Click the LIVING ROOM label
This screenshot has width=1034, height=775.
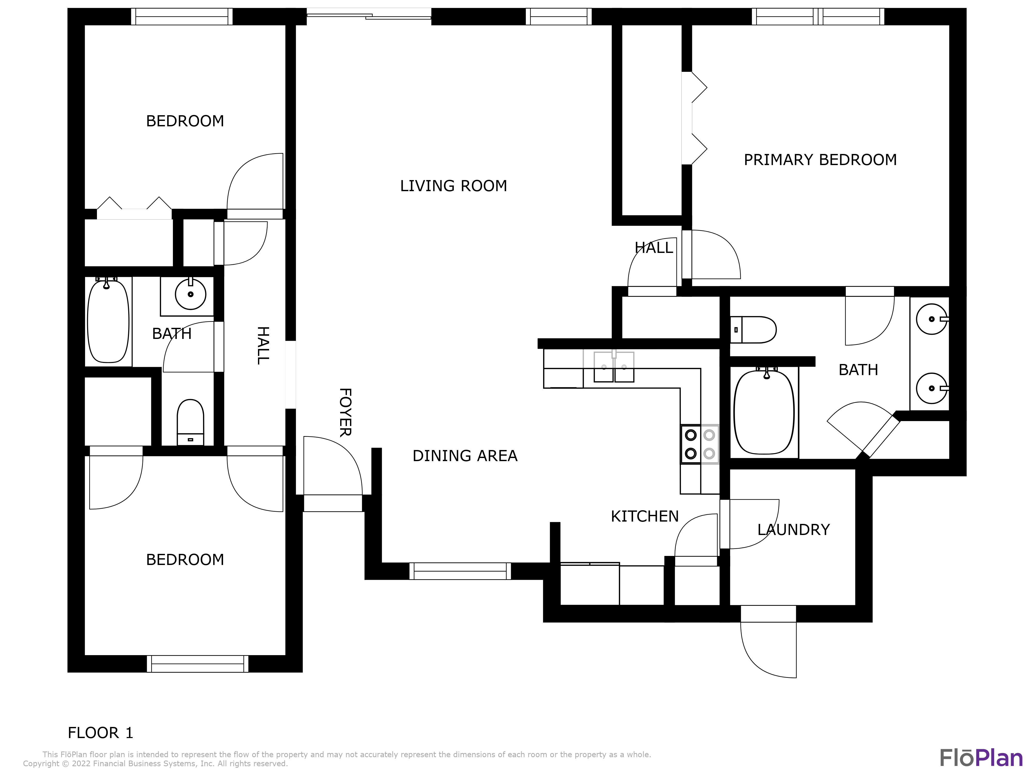pyautogui.click(x=453, y=186)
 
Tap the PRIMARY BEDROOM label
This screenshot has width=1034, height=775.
pyautogui.click(x=820, y=160)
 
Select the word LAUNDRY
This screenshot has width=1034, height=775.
pyautogui.click(x=793, y=530)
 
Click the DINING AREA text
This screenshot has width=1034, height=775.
pyautogui.click(x=465, y=456)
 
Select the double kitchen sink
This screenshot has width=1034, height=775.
pyautogui.click(x=613, y=367)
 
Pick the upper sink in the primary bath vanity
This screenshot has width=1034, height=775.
pyautogui.click(x=932, y=319)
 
